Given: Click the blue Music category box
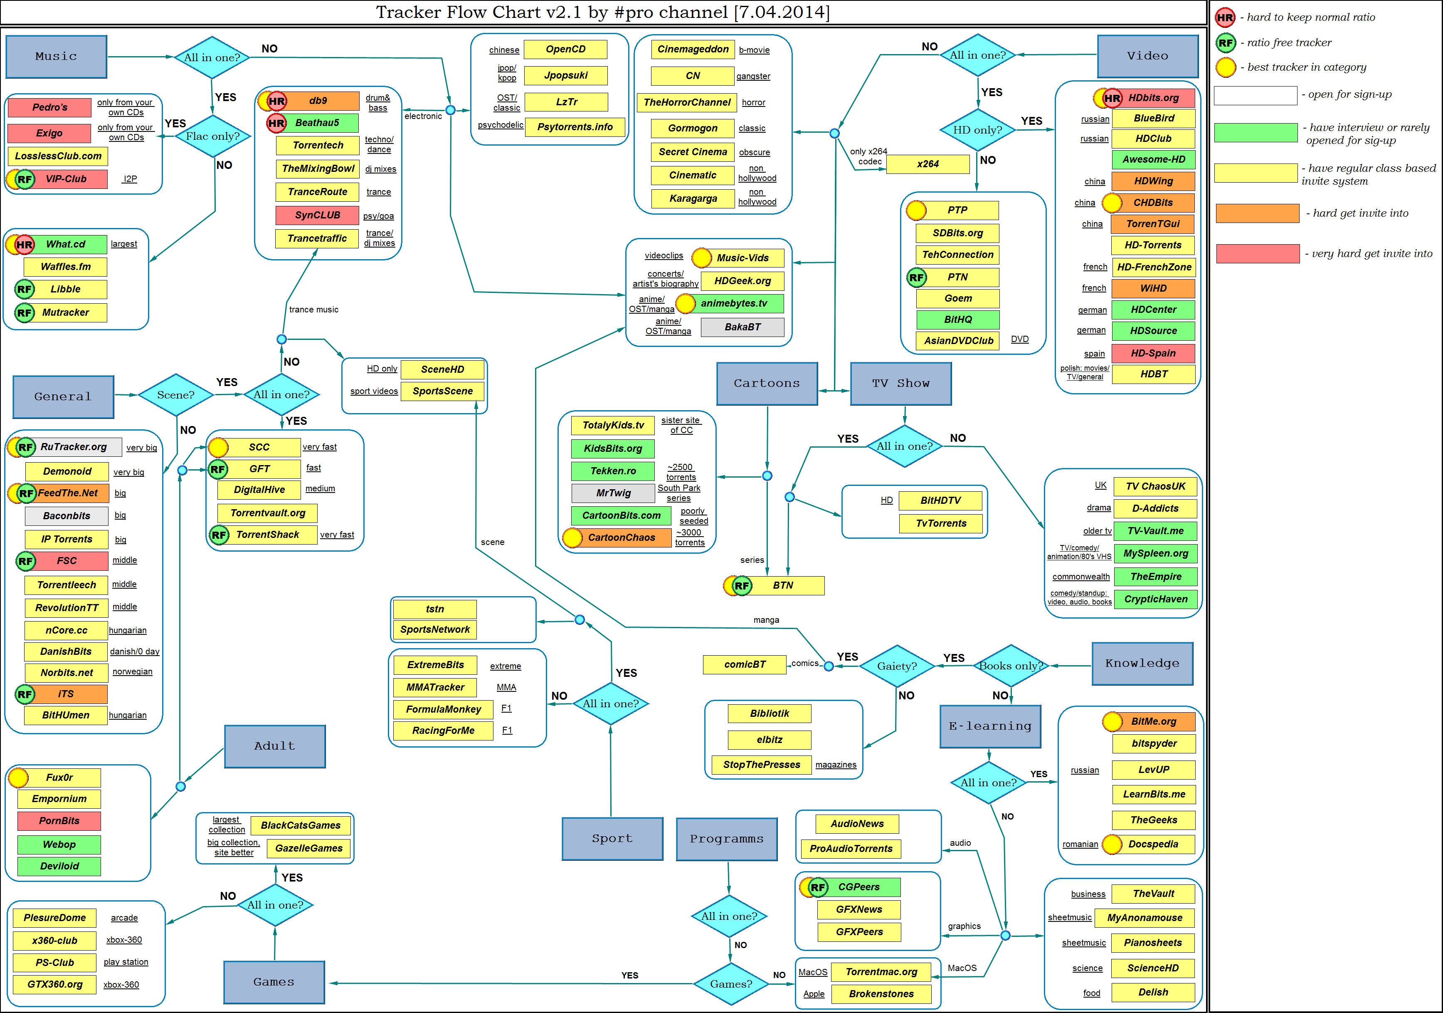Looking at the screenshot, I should pyautogui.click(x=56, y=57).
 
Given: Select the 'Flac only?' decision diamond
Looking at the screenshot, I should pyautogui.click(x=212, y=136).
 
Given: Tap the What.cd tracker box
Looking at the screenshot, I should pyautogui.click(x=65, y=244).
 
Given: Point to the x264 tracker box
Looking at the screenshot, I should pyautogui.click(x=927, y=164).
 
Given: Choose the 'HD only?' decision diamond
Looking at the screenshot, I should pyautogui.click(x=977, y=130).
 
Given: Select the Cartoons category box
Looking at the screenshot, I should pyautogui.click(x=767, y=384).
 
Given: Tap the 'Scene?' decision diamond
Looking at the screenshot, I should pyautogui.click(x=175, y=395).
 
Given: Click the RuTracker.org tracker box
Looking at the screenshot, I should pyautogui.click(x=74, y=447).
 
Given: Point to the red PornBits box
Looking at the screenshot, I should pyautogui.click(x=59, y=820).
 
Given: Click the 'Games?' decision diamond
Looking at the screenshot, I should pyautogui.click(x=731, y=984).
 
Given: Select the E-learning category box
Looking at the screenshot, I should pyautogui.click(x=990, y=726).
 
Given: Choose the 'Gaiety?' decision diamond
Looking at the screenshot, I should pyautogui.click(x=896, y=666).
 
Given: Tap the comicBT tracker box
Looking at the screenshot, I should pyautogui.click(x=745, y=665).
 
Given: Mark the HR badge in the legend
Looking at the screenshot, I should pyautogui.click(x=1225, y=17).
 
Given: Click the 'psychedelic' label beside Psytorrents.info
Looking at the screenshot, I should pyautogui.click(x=500, y=125).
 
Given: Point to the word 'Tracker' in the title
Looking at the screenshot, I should pyautogui.click(x=410, y=12).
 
